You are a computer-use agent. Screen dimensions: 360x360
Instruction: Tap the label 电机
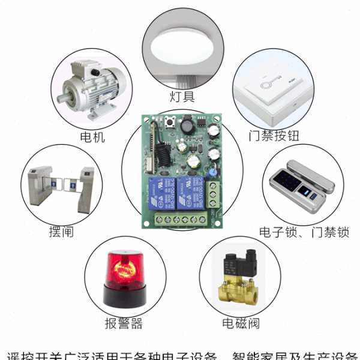[92, 137]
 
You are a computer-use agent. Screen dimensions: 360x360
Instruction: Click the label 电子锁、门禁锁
[303, 232]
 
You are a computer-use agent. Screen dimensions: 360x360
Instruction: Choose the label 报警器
[124, 323]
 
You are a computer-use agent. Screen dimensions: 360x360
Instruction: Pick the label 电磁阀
[240, 323]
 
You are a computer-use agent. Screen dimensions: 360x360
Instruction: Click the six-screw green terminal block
[180, 220]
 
